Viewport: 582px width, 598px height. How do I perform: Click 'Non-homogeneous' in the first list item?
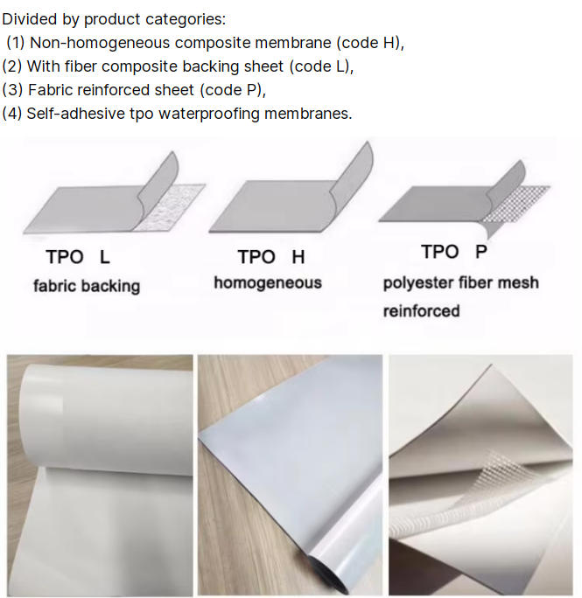click(x=100, y=42)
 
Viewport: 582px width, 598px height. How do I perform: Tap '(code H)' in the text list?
click(x=369, y=42)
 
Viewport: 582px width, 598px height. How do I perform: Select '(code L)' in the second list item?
click(x=321, y=66)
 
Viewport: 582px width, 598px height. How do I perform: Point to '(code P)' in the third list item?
click(x=233, y=90)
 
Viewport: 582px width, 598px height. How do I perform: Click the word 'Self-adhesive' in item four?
click(x=75, y=114)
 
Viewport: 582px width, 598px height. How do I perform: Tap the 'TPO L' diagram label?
click(x=78, y=257)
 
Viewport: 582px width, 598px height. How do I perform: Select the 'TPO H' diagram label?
click(x=271, y=257)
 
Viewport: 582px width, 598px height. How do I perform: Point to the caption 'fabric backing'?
click(x=87, y=286)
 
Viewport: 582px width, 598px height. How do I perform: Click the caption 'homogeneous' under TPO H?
click(x=268, y=282)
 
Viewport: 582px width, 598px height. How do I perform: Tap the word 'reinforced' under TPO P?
click(x=421, y=311)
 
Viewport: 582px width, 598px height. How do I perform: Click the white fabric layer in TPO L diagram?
click(x=168, y=210)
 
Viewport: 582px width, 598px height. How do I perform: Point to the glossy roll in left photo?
click(x=107, y=415)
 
